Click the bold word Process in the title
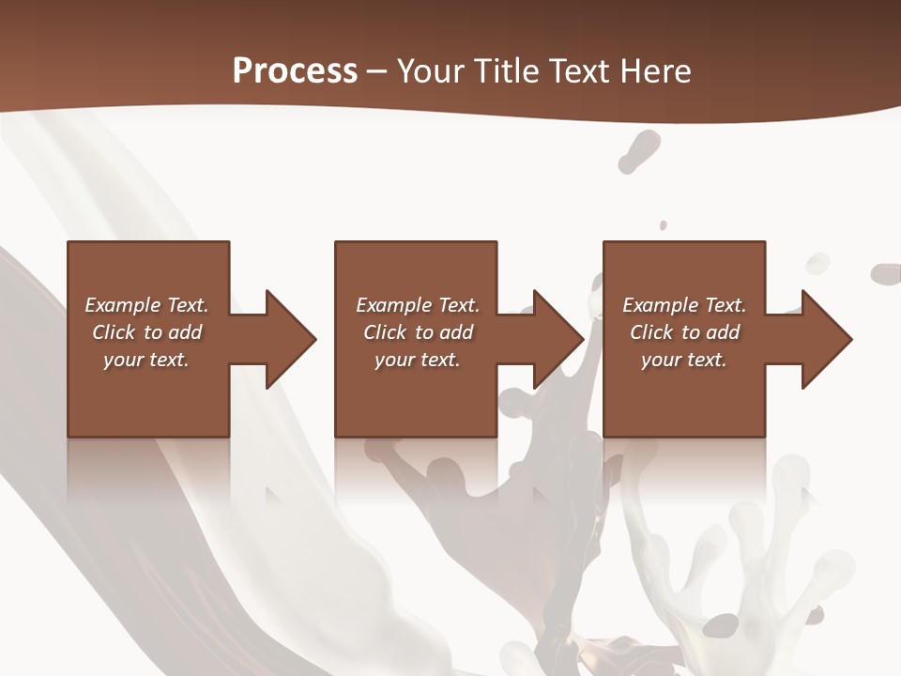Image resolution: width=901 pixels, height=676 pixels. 295,70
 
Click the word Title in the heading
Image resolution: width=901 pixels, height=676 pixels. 508,70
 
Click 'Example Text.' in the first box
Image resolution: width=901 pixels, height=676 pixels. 147,305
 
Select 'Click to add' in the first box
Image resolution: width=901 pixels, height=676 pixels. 147,332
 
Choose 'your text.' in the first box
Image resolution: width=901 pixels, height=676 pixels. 147,360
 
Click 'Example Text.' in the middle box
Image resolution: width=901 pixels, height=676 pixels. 418,305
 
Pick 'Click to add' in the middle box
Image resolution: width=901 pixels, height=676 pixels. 418,332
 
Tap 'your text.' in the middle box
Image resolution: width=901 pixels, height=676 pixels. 418,360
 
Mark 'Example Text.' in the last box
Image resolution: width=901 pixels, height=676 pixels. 684,305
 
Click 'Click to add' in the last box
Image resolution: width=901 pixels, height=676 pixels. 684,332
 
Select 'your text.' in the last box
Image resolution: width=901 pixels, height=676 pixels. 684,360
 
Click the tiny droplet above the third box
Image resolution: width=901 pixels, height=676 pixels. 664,225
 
